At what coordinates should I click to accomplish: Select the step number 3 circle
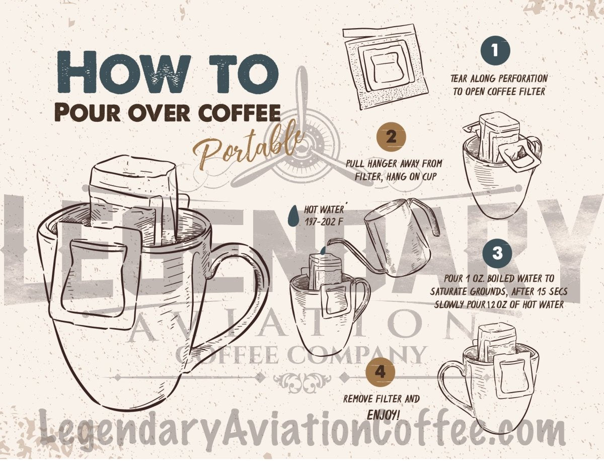click(x=497, y=253)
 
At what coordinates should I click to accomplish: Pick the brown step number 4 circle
click(x=381, y=372)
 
